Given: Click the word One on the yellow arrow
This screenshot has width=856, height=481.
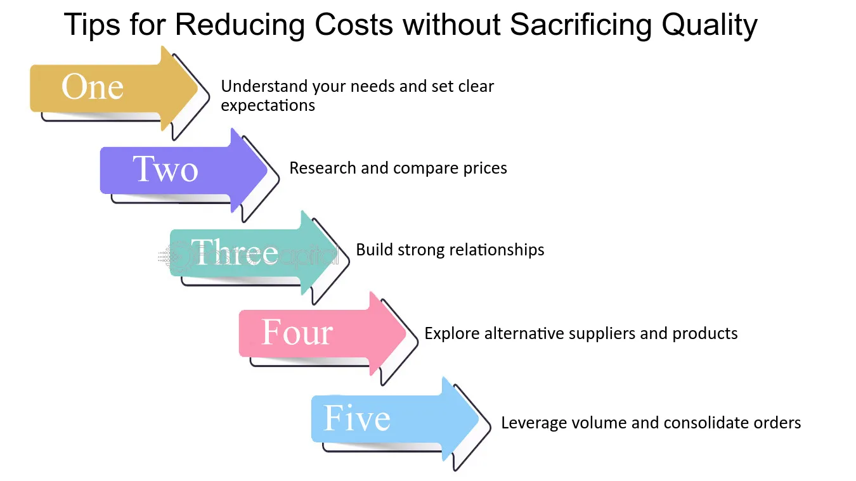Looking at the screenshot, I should [x=93, y=87].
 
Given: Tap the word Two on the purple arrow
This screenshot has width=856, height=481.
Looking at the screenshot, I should [x=165, y=169].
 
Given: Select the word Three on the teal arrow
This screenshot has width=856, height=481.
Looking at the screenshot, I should [x=235, y=252].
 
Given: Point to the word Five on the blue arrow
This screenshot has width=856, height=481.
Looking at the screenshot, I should [x=357, y=418].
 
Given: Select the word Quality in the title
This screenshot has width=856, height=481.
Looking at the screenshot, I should [x=710, y=25].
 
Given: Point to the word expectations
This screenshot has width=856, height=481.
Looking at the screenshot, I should [x=268, y=105].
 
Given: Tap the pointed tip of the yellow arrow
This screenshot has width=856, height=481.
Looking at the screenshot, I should [x=198, y=88].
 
